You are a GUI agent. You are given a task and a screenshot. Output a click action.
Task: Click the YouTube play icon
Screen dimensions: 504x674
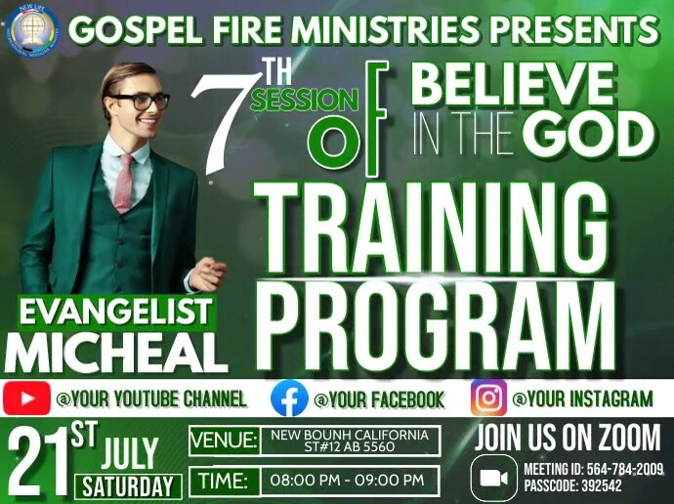26,399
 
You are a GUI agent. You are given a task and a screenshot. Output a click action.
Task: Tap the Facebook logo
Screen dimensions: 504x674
289,399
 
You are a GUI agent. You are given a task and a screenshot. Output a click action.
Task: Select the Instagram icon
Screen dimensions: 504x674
488,398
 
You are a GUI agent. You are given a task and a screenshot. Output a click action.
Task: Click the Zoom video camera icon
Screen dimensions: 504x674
494,478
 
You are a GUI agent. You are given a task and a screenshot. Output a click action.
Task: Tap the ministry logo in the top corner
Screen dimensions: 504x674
34,29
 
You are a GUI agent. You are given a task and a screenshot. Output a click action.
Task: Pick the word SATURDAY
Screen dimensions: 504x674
128,485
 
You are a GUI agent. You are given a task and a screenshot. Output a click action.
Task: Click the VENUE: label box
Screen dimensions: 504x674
224,439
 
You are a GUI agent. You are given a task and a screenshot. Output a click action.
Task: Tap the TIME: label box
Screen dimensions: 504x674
224,480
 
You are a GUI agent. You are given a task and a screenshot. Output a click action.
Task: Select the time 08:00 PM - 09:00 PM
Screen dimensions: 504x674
347,480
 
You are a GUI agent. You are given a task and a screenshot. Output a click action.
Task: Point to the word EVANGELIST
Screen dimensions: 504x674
116,313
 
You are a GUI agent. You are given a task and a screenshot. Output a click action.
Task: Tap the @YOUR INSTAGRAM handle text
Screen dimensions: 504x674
582,399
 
